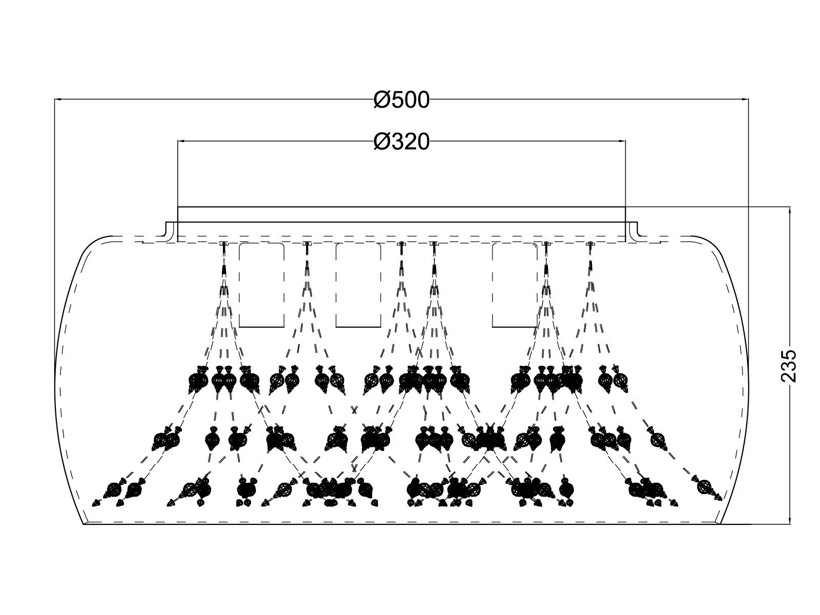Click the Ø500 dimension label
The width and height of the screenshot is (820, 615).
[402, 100]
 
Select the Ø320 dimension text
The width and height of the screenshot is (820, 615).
[402, 142]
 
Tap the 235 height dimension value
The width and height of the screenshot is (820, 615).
[789, 366]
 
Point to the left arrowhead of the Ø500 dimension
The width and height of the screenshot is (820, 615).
[58, 99]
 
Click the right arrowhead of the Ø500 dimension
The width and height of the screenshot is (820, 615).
[745, 99]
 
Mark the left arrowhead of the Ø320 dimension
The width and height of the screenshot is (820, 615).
[181, 141]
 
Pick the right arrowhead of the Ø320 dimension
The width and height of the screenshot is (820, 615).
[622, 141]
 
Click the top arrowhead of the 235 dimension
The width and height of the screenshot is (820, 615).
[790, 211]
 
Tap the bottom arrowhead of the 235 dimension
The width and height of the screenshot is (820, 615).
[790, 520]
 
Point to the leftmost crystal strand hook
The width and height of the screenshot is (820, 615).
[223, 244]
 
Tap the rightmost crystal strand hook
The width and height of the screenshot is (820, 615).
[590, 244]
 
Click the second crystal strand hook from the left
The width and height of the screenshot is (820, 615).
[306, 244]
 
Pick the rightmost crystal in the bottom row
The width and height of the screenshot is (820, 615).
[706, 488]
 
